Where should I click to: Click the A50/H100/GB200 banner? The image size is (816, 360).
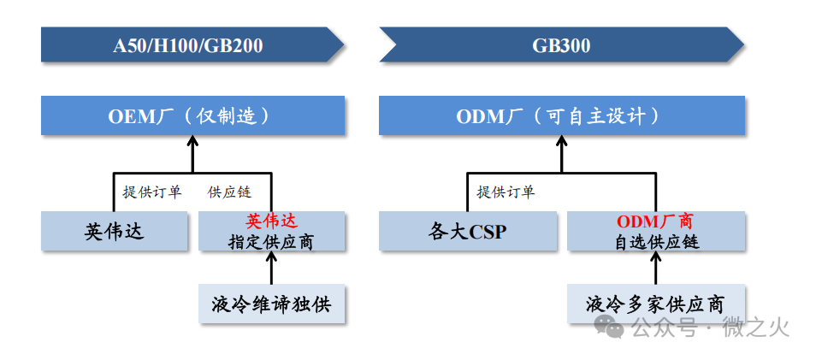point(188,45)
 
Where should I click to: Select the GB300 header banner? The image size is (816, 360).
point(560,45)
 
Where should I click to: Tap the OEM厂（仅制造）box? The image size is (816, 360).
point(192,115)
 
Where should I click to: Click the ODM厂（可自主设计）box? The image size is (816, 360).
point(560,115)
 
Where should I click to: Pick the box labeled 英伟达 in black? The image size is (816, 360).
point(114,232)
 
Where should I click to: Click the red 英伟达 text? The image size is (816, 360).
point(271,222)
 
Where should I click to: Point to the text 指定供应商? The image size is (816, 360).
point(271,242)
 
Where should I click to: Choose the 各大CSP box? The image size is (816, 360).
point(468,232)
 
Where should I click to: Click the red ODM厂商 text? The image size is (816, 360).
point(656,222)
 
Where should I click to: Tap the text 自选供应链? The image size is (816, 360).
point(656,242)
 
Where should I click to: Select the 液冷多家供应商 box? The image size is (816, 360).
point(655,304)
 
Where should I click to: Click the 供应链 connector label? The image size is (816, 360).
point(229,192)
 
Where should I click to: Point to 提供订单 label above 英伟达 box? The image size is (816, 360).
point(152,192)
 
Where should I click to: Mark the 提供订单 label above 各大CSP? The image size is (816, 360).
point(506,192)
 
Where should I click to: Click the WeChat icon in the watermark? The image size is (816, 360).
point(610,326)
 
